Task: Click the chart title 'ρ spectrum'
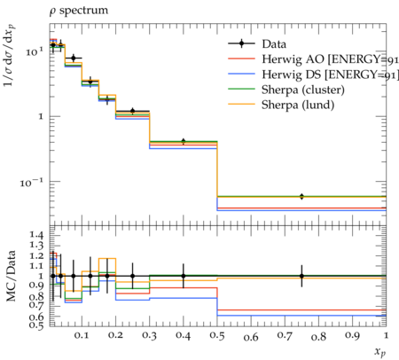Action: tap(79, 11)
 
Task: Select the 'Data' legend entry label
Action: tap(274, 44)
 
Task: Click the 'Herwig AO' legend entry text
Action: tap(293, 59)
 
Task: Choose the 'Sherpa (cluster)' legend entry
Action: tap(303, 90)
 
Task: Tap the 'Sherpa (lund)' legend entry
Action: tap(298, 105)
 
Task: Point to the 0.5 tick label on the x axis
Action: tap(217, 336)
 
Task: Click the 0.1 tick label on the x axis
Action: tap(82, 336)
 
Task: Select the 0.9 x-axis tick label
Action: tap(353, 336)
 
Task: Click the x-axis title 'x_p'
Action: tap(380, 352)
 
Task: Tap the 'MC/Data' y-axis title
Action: tap(11, 276)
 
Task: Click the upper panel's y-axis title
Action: tap(10, 56)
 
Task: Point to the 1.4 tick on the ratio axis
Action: tap(36, 236)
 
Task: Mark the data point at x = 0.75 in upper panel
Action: tap(301, 197)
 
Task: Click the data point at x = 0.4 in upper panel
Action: tap(184, 141)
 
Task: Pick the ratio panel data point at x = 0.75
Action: tap(301, 276)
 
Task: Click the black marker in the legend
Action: tap(241, 43)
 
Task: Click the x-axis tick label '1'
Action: tap(386, 336)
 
